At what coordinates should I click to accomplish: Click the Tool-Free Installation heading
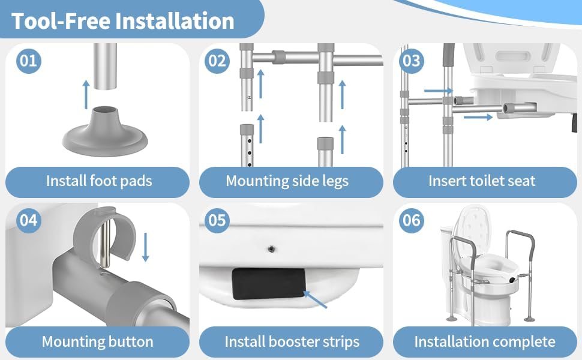pyautogui.click(x=122, y=20)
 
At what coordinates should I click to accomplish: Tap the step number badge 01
pyautogui.click(x=28, y=61)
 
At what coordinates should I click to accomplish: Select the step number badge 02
pyautogui.click(x=218, y=61)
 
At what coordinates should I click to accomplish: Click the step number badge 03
pyautogui.click(x=412, y=61)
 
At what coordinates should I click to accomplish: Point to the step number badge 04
pyautogui.click(x=28, y=220)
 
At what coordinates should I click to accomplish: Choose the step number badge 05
pyautogui.click(x=218, y=220)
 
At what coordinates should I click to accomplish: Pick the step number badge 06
pyautogui.click(x=412, y=220)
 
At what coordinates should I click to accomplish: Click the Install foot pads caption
pyautogui.click(x=99, y=181)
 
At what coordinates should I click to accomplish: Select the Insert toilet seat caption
pyautogui.click(x=482, y=181)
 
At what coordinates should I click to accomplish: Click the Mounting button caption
pyautogui.click(x=97, y=342)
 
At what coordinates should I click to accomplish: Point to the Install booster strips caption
pyautogui.click(x=292, y=342)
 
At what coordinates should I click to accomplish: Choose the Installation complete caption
pyautogui.click(x=485, y=342)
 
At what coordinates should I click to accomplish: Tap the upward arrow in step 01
pyautogui.click(x=86, y=92)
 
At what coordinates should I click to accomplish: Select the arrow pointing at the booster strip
pyautogui.click(x=316, y=299)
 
